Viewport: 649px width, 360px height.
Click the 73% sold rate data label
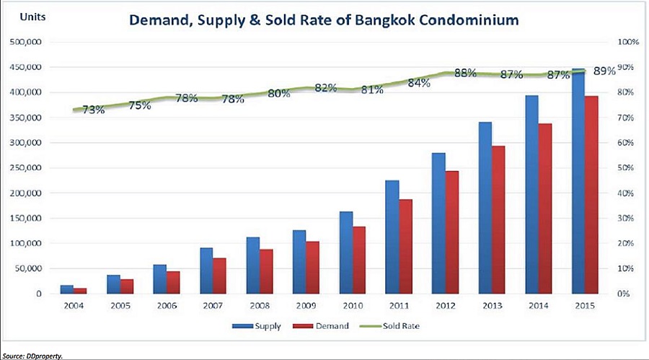point(93,110)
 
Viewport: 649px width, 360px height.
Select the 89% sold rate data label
point(604,71)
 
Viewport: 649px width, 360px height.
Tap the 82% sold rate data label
point(326,88)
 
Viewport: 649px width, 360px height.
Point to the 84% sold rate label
point(419,83)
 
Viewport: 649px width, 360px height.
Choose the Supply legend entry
point(257,326)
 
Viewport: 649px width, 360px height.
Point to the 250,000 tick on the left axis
point(27,168)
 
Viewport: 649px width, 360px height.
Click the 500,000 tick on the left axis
point(27,43)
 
